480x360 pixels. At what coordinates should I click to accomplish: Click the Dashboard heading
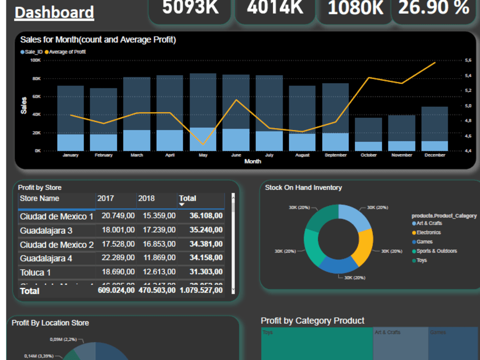[x=54, y=12]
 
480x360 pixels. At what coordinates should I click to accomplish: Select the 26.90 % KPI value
[x=433, y=7]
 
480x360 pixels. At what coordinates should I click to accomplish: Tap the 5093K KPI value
[x=190, y=7]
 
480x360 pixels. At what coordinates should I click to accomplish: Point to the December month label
[x=434, y=155]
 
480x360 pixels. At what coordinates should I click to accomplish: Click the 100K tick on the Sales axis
[x=35, y=60]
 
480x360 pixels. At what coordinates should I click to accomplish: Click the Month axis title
[x=252, y=162]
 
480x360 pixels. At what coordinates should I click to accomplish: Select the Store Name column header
[x=39, y=199]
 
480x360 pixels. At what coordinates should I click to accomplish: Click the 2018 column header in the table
[x=146, y=199]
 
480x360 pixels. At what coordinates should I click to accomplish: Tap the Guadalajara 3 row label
[x=46, y=231]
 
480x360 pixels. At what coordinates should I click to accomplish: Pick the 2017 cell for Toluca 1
[x=118, y=272]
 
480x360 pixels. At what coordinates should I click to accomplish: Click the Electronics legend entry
[x=428, y=233]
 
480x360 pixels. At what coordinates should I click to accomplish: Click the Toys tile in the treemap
[x=317, y=343]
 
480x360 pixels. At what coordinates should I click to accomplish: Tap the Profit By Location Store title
[x=50, y=323]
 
